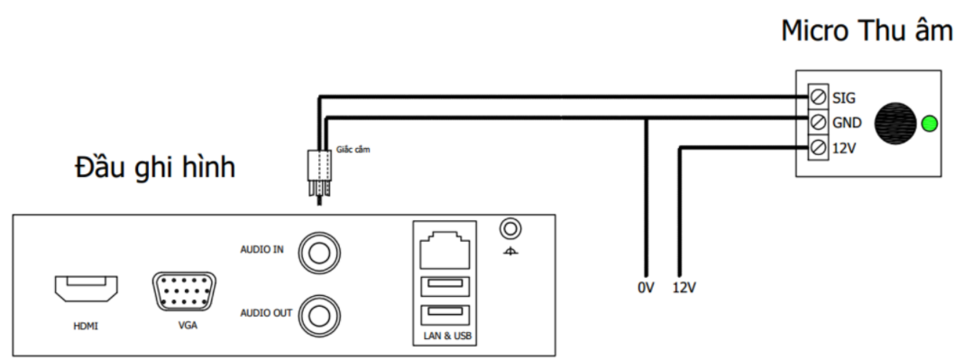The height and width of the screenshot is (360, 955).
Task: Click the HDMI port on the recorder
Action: [x=86, y=291]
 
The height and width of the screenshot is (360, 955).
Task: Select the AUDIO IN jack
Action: [x=319, y=250]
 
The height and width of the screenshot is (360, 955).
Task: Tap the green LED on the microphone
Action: [x=928, y=123]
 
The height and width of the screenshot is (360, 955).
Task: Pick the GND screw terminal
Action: [x=819, y=122]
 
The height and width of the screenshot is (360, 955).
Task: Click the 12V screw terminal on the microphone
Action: [x=819, y=146]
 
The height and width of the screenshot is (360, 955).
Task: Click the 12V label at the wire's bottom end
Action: [x=684, y=289]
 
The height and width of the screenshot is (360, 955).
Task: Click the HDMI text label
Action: [x=86, y=326]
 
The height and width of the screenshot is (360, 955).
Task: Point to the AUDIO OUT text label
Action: [x=266, y=313]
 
